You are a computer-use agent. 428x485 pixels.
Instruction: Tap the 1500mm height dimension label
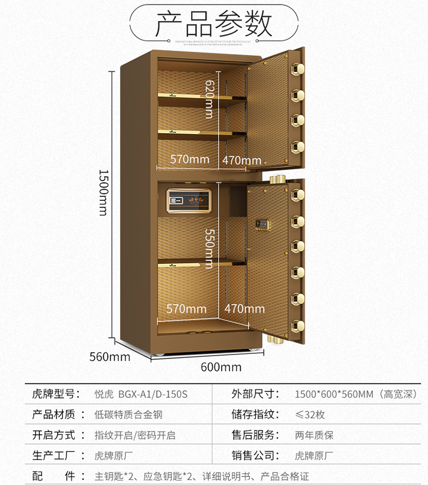(x=103, y=192)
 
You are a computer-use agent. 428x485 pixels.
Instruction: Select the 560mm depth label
(x=110, y=357)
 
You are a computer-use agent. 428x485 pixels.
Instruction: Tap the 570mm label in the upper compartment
(x=190, y=160)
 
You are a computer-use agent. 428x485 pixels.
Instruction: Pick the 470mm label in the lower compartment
(x=244, y=309)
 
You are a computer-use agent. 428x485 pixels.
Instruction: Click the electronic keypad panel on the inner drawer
(x=188, y=202)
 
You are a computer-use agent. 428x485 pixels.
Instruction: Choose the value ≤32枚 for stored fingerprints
(x=310, y=414)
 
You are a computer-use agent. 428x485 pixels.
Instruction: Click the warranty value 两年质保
(x=314, y=435)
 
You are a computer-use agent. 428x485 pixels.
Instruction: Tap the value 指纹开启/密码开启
(x=135, y=435)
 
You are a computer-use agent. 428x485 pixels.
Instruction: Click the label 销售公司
(x=255, y=455)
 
